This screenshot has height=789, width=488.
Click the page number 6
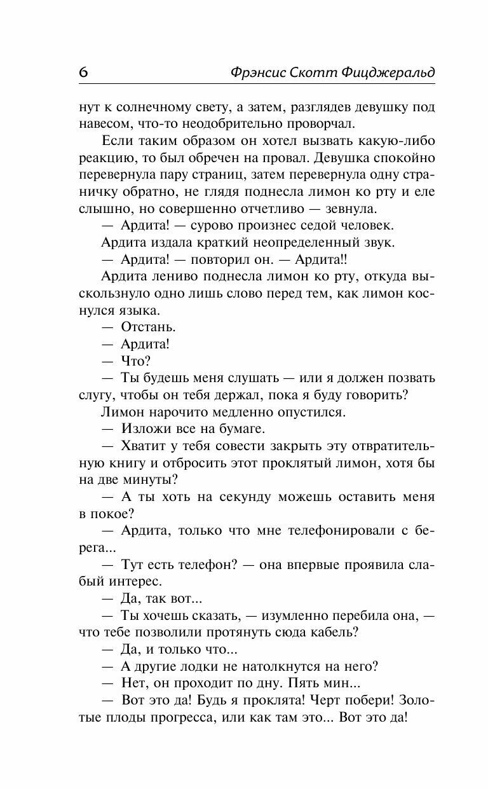pos(83,72)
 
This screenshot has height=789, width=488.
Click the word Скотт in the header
pos(320,72)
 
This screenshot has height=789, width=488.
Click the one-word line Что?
pos(135,360)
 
